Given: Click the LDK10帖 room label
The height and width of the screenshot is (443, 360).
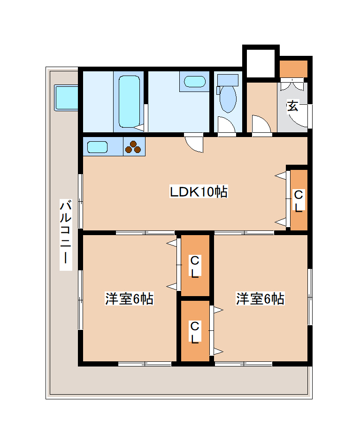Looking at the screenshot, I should (x=198, y=191).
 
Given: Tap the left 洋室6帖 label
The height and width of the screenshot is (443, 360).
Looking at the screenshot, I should (x=129, y=299).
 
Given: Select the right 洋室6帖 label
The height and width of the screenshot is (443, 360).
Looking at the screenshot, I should (x=260, y=299).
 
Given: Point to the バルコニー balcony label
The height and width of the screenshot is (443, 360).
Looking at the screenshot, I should (x=66, y=235).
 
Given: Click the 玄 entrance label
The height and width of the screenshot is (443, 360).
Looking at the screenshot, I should (x=292, y=106).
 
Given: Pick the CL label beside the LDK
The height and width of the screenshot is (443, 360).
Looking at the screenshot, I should (x=299, y=201).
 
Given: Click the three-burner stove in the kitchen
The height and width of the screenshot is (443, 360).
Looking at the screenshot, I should (x=133, y=147).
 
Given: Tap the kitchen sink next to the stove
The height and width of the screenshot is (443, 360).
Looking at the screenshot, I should (x=98, y=147).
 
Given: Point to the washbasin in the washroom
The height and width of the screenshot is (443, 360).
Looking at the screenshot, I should (x=194, y=82).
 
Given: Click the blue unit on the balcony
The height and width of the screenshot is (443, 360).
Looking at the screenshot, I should (x=66, y=98).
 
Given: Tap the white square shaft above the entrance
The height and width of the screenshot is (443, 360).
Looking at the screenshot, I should (x=260, y=61).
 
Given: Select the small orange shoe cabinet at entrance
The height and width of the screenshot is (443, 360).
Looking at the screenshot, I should (x=294, y=69).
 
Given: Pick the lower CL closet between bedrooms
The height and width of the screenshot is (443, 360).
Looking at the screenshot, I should (x=195, y=331).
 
